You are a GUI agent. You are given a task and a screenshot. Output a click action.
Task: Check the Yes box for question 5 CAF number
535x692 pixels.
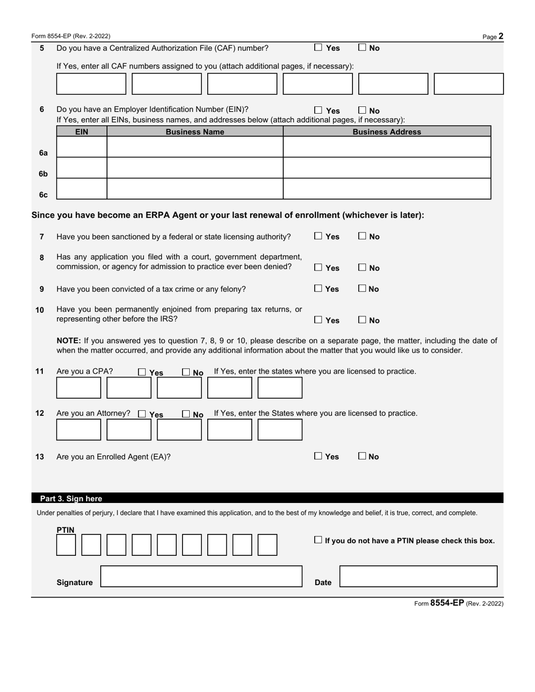click(318, 48)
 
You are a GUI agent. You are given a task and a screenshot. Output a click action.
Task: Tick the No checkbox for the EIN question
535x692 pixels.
click(362, 111)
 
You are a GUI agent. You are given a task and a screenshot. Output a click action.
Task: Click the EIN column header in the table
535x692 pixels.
click(82, 132)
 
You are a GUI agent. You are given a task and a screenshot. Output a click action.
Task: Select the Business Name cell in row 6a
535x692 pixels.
click(194, 147)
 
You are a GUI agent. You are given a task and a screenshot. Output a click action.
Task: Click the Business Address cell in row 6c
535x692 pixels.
click(386, 188)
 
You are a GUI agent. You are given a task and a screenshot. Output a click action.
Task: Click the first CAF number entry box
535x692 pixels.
click(91, 84)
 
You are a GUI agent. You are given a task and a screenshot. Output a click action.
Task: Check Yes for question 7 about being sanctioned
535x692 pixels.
click(318, 236)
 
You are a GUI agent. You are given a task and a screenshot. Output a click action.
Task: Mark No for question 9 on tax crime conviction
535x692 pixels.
click(362, 289)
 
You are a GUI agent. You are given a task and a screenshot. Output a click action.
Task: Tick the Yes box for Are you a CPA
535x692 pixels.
click(142, 372)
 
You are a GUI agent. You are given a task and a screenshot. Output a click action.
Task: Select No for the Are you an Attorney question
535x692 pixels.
click(186, 414)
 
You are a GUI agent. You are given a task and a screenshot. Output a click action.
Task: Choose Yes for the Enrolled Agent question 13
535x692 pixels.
click(318, 456)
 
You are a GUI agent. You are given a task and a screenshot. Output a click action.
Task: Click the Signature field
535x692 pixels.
click(201, 577)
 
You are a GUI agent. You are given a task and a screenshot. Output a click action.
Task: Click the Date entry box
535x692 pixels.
click(418, 577)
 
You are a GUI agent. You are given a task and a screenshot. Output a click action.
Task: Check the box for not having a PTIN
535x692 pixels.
click(318, 540)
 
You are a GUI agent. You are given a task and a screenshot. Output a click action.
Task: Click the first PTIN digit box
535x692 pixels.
click(66, 545)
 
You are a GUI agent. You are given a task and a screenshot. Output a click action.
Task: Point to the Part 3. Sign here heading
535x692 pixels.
click(71, 498)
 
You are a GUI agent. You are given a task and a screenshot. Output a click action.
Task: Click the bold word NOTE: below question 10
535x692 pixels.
click(69, 340)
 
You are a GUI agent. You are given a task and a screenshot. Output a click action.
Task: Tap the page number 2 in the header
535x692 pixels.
click(501, 37)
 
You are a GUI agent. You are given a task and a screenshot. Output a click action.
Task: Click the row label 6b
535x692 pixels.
click(43, 174)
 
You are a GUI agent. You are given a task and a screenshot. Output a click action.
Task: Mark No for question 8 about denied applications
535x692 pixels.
click(362, 268)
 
